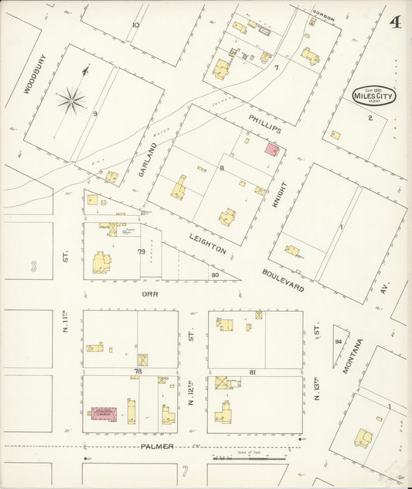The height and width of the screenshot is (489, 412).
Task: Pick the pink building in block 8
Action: click(272, 149)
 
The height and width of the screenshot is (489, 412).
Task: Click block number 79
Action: click(141, 251)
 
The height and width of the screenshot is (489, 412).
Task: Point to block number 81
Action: click(253, 373)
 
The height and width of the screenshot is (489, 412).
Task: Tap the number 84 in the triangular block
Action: click(339, 340)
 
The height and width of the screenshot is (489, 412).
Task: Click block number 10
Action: click(135, 25)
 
